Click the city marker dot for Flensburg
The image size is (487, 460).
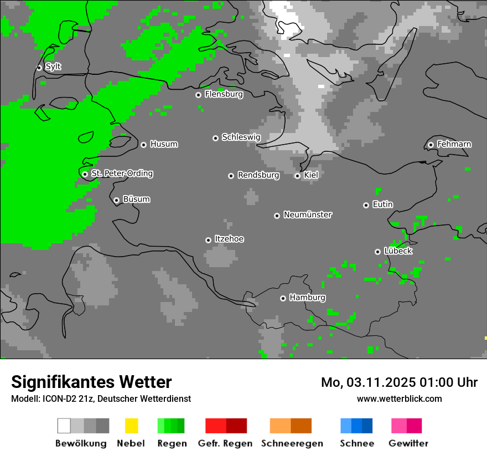(x=198, y=95)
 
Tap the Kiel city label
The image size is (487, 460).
(x=311, y=175)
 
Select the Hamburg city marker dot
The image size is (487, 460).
(x=283, y=298)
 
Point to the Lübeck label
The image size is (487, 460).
(x=398, y=251)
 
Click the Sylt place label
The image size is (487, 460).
(x=53, y=67)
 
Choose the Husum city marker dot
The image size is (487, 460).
(x=143, y=145)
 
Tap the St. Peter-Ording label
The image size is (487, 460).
(x=122, y=173)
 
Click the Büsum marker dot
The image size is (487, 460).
(x=116, y=200)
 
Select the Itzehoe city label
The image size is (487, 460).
(x=229, y=239)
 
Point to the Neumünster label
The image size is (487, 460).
(x=308, y=214)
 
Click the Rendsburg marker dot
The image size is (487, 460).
(x=231, y=176)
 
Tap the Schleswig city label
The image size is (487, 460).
(x=241, y=137)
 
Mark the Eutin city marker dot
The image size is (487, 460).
(x=366, y=205)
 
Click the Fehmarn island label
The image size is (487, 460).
(x=454, y=144)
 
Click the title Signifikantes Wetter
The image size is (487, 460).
(x=91, y=382)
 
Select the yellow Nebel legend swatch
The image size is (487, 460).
(x=131, y=426)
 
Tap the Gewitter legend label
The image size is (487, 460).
(x=408, y=443)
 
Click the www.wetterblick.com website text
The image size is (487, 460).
(x=399, y=398)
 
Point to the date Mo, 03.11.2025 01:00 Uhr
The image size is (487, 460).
(x=399, y=382)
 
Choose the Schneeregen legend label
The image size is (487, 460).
(x=292, y=443)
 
